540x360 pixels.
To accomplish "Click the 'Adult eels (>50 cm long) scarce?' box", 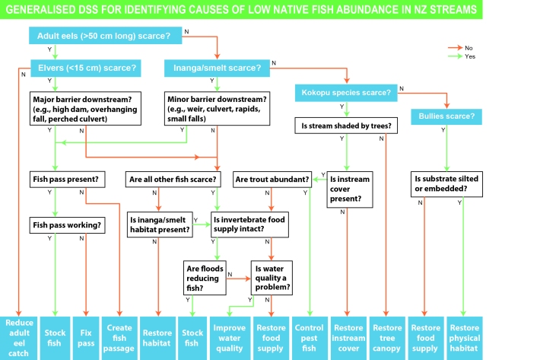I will tap(110, 35).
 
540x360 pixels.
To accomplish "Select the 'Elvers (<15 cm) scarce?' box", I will tap(83, 68).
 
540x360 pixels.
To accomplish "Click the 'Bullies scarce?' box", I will tap(447, 117).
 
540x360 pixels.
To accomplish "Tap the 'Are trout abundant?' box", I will tap(272, 180).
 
